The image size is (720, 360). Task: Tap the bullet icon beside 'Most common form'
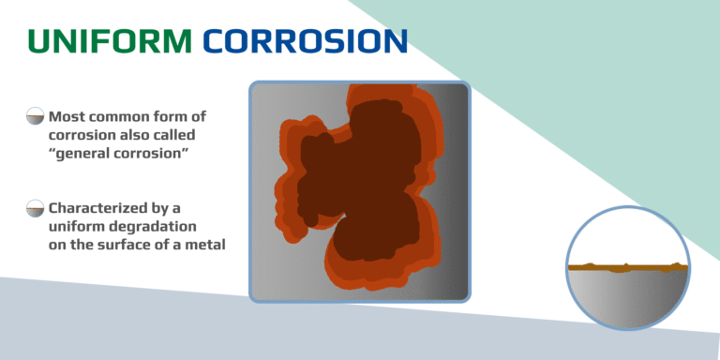35,117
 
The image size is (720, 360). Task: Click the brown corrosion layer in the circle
628,268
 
